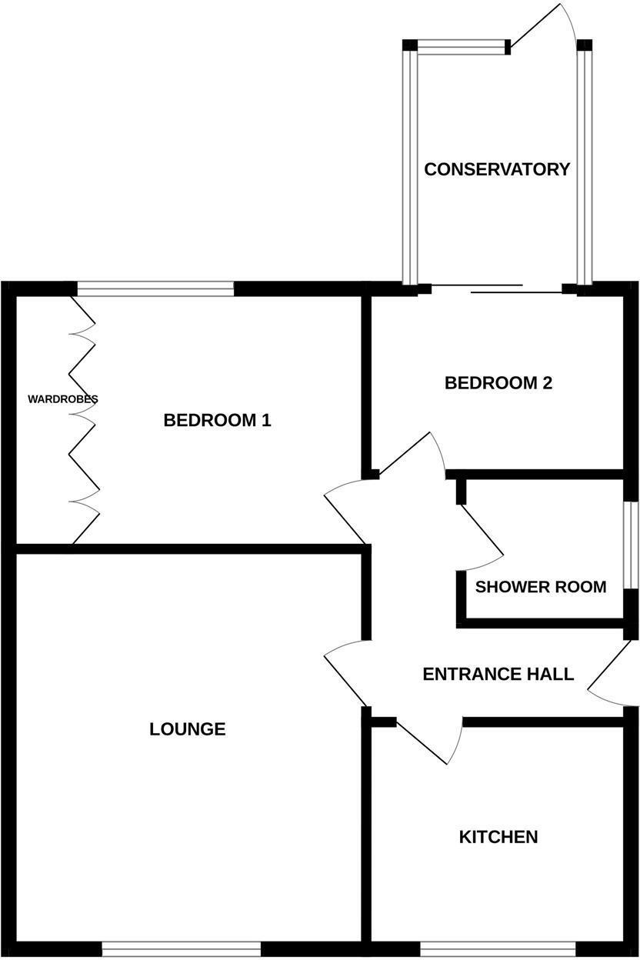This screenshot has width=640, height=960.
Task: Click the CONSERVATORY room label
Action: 497,169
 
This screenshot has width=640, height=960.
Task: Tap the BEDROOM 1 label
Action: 218,420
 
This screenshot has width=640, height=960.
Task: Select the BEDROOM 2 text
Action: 498,382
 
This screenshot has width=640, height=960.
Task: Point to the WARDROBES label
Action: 62,399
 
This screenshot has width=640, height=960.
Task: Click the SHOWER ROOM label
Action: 540,587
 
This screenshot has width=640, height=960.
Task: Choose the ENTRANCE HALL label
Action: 498,674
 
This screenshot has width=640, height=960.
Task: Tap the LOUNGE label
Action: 188,728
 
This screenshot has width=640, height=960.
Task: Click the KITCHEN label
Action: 498,836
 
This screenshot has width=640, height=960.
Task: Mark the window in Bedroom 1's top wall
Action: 155,289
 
